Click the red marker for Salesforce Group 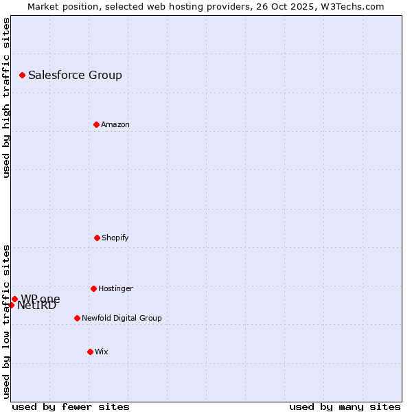coord(22,75)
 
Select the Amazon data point coord(96,124)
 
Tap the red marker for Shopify coord(97,238)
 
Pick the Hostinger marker coord(93,288)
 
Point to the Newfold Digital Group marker coord(77,318)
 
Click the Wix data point coord(90,352)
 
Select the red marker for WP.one coord(14,299)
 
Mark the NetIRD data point coord(11,305)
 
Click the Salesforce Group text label coord(75,76)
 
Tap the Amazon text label coord(115,125)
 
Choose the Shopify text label coord(115,238)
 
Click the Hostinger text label coord(115,289)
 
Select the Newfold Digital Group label coord(122,319)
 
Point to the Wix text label coord(102,352)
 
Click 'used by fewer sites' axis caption coord(71,407)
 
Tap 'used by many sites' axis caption coord(345,407)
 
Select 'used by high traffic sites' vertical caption coord(6,98)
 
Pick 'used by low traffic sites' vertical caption coord(6,321)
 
